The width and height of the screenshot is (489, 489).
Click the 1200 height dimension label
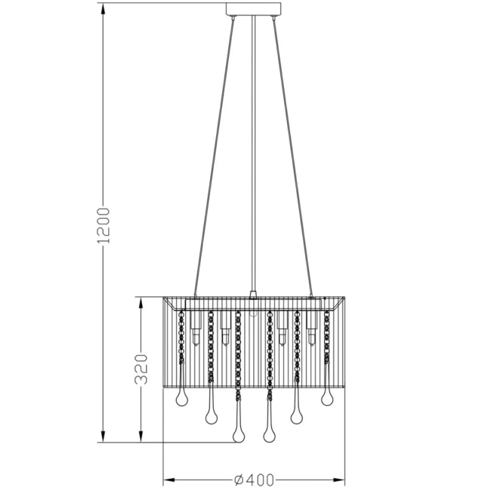pos(104,226)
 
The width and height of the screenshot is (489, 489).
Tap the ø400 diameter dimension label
pos(254,480)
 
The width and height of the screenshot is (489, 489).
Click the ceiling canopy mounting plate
pos(253,9)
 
